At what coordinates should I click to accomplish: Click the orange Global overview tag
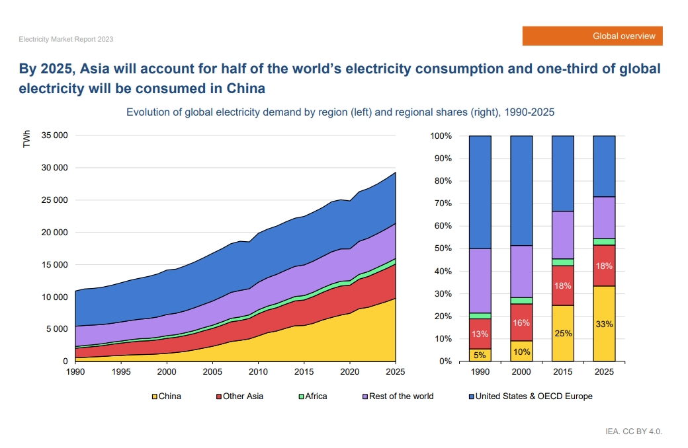[592, 36]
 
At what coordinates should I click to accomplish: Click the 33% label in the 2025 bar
[604, 324]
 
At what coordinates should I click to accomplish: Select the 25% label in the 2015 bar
[563, 333]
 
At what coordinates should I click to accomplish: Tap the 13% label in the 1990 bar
[480, 334]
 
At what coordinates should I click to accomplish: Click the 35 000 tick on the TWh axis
[54, 136]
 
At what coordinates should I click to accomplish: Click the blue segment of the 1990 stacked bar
[480, 192]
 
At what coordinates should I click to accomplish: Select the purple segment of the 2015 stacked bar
[563, 235]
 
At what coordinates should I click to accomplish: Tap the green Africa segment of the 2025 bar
[604, 242]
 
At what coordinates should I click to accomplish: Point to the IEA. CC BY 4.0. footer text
[633, 431]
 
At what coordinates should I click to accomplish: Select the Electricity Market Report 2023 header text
[66, 40]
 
